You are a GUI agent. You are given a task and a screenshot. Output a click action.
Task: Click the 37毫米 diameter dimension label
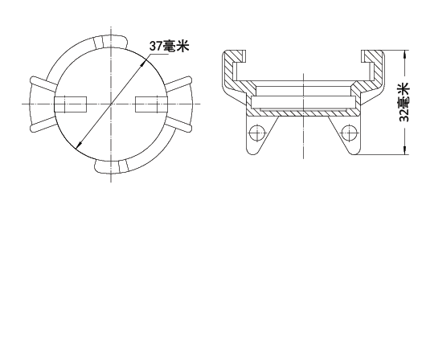pos(170,46)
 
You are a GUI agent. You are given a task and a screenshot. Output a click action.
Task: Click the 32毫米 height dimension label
pos(404,102)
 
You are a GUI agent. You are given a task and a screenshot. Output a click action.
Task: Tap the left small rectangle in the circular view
pos(70,104)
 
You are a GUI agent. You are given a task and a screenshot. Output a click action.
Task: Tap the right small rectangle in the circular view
pos(151,104)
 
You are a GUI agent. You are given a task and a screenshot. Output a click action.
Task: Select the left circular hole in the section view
pos(257,133)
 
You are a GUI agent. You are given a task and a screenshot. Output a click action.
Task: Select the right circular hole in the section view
pos(350,133)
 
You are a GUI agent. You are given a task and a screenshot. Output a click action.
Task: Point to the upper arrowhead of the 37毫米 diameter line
pos(145,62)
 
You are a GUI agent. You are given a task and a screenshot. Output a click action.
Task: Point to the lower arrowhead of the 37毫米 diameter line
pos(78,145)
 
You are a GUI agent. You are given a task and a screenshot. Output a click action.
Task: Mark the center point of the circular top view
pos(111,104)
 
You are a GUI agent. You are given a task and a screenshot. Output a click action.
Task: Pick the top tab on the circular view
pos(110,42)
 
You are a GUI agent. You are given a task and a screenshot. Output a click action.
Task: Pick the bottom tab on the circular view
pos(112,166)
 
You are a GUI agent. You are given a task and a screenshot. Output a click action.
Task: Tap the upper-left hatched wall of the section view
pos(232,67)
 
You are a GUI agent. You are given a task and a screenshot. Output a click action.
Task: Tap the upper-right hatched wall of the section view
pos(375,67)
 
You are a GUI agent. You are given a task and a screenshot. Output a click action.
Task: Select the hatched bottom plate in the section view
pos(303,112)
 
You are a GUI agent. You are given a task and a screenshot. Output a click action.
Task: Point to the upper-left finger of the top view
pos(43,83)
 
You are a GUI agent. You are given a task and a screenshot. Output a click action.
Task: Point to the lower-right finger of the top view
pos(178,125)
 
